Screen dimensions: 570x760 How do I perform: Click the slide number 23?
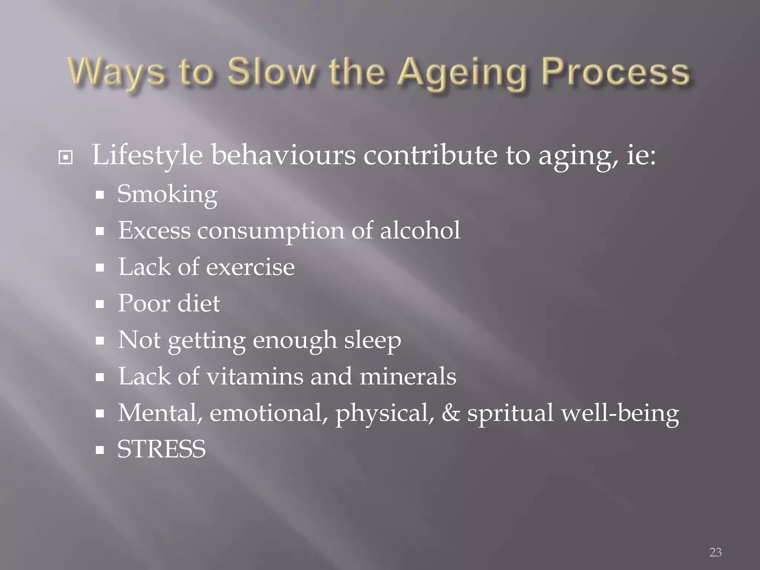point(715,552)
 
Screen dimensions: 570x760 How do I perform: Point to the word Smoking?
point(167,194)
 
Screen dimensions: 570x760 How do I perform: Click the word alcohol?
point(420,230)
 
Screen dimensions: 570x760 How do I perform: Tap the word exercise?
point(250,267)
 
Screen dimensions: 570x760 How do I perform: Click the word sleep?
point(372,340)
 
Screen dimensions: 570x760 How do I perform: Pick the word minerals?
point(408,376)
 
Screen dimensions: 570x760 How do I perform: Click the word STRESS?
point(161,449)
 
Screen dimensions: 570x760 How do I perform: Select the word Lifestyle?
point(147,155)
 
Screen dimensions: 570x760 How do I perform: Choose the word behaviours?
point(284,155)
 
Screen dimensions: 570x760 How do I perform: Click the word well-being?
point(620,413)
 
